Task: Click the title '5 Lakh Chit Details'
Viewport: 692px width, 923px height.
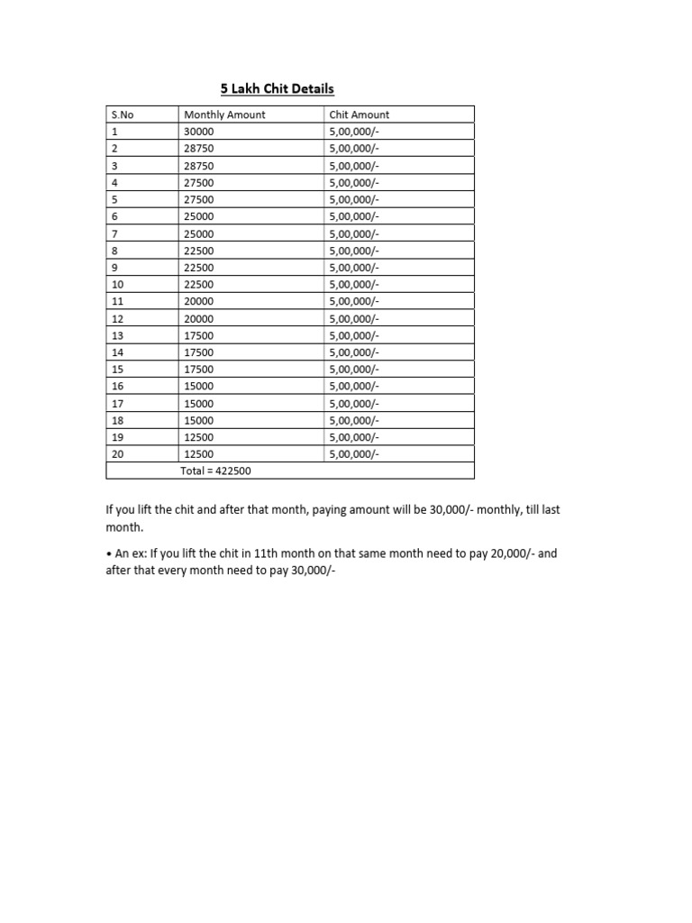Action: (x=278, y=88)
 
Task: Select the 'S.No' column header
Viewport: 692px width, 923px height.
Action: (x=122, y=114)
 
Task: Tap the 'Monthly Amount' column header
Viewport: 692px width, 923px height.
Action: (x=224, y=114)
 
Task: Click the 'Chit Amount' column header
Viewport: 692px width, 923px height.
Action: (x=360, y=114)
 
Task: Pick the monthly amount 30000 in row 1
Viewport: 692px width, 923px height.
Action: (x=199, y=132)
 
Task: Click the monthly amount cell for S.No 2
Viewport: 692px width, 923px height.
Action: (x=199, y=149)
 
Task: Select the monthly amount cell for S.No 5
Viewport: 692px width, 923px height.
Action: (x=199, y=199)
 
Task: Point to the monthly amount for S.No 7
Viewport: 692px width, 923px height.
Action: (x=199, y=233)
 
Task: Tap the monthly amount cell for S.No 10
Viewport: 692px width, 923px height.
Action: (x=199, y=285)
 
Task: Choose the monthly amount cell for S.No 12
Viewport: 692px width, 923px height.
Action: (x=199, y=319)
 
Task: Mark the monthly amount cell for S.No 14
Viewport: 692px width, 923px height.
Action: (x=199, y=352)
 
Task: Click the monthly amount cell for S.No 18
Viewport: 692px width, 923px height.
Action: (x=199, y=421)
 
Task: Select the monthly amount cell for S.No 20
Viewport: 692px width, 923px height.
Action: (x=199, y=454)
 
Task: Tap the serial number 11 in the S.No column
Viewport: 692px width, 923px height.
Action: (x=117, y=302)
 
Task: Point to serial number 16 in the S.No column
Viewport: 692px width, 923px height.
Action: (x=117, y=387)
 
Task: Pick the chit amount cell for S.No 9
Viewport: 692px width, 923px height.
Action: (x=354, y=268)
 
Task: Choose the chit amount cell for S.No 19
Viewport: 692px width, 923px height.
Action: (x=354, y=437)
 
